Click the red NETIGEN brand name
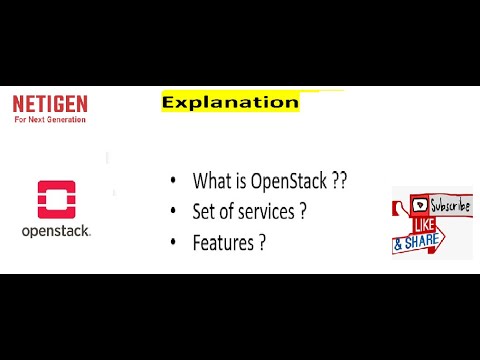click(49, 103)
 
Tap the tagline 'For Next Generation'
click(49, 119)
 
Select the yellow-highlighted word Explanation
click(230, 102)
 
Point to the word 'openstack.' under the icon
click(56, 231)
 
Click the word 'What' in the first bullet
click(213, 181)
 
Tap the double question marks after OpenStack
click(340, 181)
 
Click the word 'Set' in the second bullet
click(204, 211)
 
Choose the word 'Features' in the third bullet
click(226, 241)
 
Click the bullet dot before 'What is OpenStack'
click(172, 182)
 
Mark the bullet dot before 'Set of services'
click(172, 212)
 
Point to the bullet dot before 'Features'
click(172, 242)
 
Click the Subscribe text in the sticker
click(449, 206)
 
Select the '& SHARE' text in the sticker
click(420, 243)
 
